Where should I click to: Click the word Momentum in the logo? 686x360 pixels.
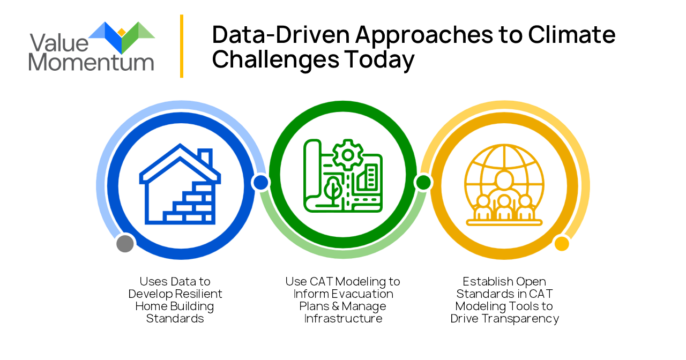point(91,62)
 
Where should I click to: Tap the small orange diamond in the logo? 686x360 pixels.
point(122,32)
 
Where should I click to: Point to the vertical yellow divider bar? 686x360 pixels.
point(182,46)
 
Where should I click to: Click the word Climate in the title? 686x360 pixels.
point(571,35)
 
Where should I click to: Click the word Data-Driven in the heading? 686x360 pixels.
point(281,35)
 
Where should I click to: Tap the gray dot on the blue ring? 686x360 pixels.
point(125,243)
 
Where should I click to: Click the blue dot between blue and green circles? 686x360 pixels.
point(261,183)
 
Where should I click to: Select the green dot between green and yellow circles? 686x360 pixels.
point(423,183)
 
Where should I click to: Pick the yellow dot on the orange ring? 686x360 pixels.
point(562,244)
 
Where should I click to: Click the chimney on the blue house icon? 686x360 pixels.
point(205,157)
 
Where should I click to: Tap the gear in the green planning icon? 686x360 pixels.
point(348,155)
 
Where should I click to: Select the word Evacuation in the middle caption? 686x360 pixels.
point(362,294)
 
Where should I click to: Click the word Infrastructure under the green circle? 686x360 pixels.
point(344,319)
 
